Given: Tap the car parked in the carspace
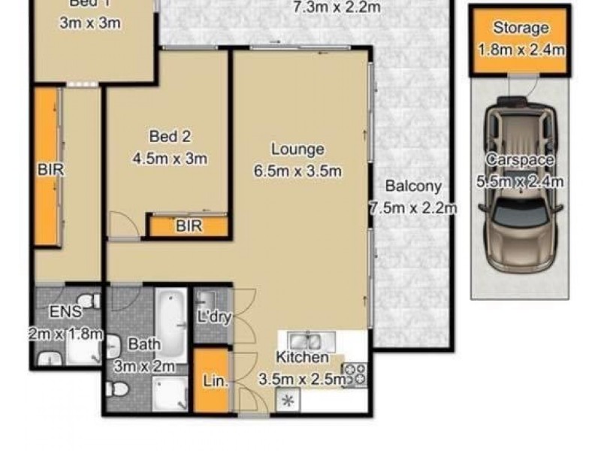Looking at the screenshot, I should point(519,187).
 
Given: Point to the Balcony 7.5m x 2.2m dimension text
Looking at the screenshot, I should point(413,207).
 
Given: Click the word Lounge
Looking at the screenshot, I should point(298,150).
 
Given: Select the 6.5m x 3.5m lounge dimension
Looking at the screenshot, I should point(298,171).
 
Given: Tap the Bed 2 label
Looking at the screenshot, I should point(170,136).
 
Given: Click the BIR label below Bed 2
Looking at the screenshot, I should point(188,225).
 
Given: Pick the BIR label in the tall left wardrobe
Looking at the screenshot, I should point(50,171).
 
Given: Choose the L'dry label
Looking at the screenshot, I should point(213,317).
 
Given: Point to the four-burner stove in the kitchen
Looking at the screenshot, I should point(354,374).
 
